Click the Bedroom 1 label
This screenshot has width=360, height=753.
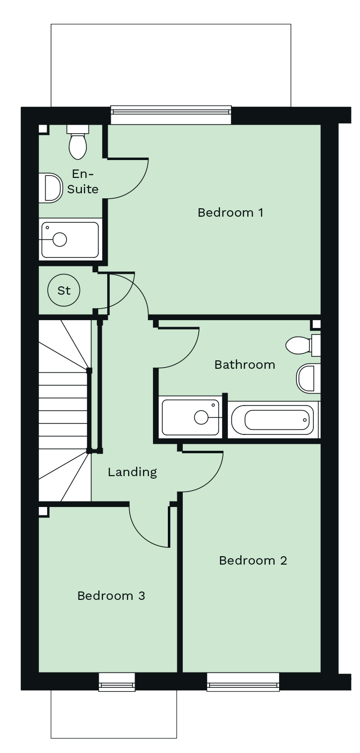230,213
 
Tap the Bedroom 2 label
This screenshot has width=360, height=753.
253,560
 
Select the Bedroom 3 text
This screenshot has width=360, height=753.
111,595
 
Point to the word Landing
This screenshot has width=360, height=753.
132,472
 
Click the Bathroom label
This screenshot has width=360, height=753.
245,365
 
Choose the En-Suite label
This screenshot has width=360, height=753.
82,181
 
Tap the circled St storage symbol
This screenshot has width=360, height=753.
64,290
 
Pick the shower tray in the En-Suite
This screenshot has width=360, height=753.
71,239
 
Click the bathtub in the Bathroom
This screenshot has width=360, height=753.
274,420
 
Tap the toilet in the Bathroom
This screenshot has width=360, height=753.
303,345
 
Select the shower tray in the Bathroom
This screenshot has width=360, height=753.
190,417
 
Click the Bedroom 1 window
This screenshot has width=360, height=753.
171,115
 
